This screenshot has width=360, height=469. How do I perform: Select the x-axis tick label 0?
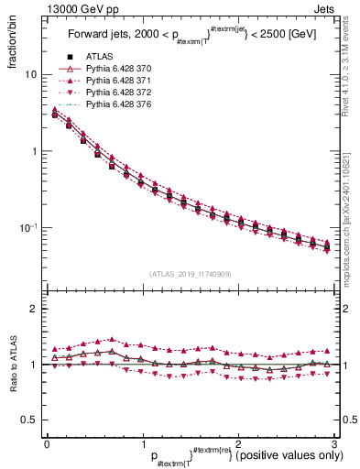pyautogui.click(x=46, y=443)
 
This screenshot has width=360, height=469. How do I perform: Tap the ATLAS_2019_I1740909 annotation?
pyautogui.click(x=189, y=274)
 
